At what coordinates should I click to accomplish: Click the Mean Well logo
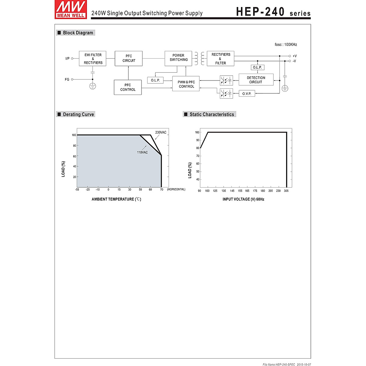point(70,9)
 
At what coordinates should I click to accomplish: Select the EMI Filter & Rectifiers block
point(93,59)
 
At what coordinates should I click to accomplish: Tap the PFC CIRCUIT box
point(129,58)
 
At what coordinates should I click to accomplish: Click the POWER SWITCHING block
point(178,58)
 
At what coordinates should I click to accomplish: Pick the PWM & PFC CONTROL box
point(186,84)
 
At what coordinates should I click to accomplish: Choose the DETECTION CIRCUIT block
point(256,80)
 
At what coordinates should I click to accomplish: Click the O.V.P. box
point(247,94)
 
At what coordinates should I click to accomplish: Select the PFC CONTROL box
point(128,87)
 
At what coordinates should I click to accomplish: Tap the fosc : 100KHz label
point(285,45)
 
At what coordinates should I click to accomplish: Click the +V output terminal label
point(294,56)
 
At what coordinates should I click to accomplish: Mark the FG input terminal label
point(67,80)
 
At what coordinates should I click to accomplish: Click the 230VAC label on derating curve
point(161,132)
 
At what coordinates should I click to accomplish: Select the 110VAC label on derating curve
point(142,152)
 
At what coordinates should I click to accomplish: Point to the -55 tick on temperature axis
point(77,190)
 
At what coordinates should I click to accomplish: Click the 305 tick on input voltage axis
point(286,191)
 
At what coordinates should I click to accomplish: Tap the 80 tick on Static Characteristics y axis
point(198,148)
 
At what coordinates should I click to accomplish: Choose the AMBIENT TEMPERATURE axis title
point(116,199)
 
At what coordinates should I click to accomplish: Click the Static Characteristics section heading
point(211,114)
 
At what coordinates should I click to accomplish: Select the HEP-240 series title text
point(273,12)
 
